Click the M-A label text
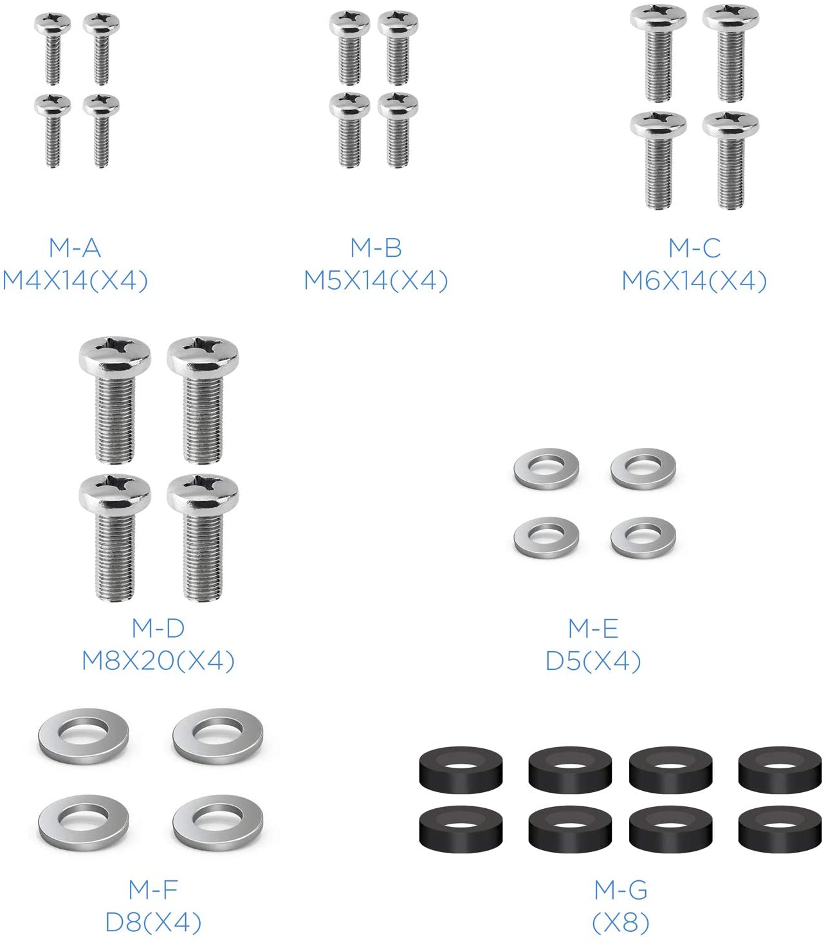tap(75, 248)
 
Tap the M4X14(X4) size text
tap(75, 281)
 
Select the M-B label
tap(376, 248)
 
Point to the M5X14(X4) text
tap(376, 281)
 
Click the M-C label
tap(695, 248)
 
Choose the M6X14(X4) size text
tap(695, 281)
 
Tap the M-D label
tap(158, 628)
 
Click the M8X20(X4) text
tap(158, 661)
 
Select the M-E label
tap(593, 628)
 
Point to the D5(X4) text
tap(593, 661)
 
